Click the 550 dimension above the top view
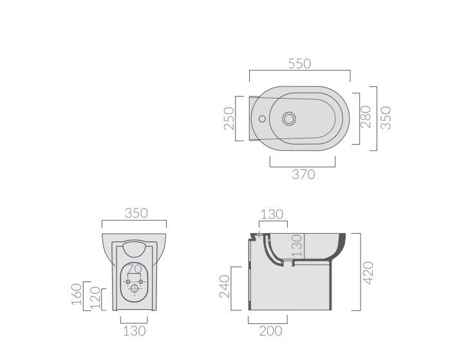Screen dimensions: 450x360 (x=299, y=64)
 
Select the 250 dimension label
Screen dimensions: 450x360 (x=229, y=118)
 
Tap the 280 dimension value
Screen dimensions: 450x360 (x=366, y=117)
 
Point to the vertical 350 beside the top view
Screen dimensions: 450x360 (x=386, y=118)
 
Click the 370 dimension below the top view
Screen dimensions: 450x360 (x=303, y=175)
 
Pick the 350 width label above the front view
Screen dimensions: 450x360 (x=136, y=213)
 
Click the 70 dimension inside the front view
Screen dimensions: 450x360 (x=135, y=269)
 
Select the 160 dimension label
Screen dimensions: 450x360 (x=77, y=294)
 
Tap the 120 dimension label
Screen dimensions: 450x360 (x=95, y=298)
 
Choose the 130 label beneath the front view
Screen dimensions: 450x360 (x=135, y=331)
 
